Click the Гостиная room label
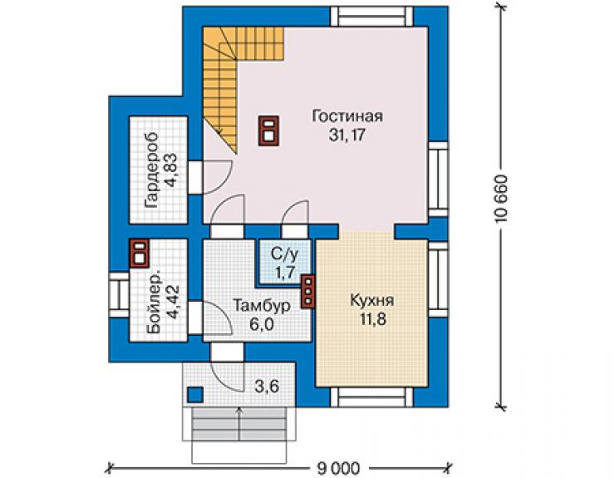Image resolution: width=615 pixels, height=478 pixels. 347,116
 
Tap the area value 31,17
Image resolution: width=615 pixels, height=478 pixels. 347,135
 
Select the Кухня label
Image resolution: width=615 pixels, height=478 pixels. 371,301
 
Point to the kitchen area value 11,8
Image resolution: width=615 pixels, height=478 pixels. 373,319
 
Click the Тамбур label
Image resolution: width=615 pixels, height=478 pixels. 262,306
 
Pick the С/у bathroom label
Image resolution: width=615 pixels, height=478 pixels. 285,254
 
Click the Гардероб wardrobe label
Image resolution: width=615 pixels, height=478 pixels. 151,170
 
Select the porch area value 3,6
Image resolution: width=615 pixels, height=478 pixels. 267,387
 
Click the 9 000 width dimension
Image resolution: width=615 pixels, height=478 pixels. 338,468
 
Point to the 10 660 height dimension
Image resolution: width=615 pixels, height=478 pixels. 502,199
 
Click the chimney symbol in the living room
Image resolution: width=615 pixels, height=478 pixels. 268,131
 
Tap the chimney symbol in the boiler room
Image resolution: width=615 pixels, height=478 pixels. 140,253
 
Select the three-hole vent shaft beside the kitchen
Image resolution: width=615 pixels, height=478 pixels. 308,291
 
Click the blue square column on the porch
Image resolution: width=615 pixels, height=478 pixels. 195,395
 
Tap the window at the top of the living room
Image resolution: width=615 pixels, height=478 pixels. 371,17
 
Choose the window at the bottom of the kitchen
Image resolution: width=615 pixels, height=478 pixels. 371,397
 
